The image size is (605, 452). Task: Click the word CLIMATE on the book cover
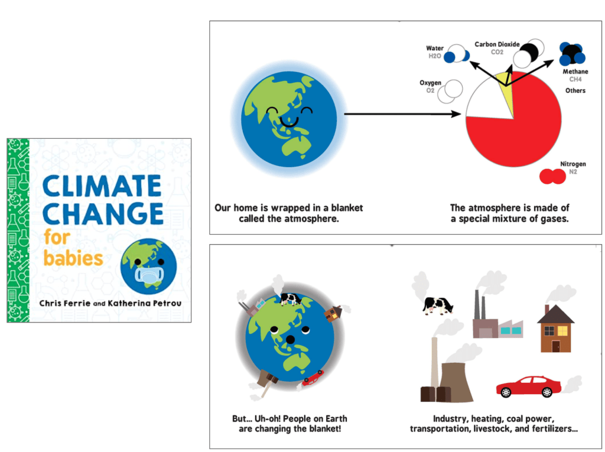(x=102, y=186)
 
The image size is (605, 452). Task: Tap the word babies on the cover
(x=73, y=258)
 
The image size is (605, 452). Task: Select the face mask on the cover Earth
(x=149, y=274)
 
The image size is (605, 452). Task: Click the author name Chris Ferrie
(x=65, y=303)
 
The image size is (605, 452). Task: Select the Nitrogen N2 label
(x=573, y=168)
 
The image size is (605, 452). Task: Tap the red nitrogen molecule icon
(x=552, y=177)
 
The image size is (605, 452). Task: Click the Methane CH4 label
(x=575, y=75)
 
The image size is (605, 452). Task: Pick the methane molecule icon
(x=572, y=54)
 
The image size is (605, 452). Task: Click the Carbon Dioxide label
(x=497, y=48)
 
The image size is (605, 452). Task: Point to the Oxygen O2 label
(x=430, y=86)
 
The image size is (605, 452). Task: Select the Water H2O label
(x=434, y=52)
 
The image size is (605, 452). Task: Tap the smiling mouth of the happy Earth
(x=289, y=122)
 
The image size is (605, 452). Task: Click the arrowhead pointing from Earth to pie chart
(x=456, y=114)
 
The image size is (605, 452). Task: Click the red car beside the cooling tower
(x=528, y=386)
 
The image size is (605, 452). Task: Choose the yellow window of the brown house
(x=562, y=331)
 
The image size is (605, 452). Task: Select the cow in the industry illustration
(x=438, y=305)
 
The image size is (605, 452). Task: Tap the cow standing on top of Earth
(x=291, y=298)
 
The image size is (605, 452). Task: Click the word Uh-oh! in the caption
(x=269, y=419)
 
